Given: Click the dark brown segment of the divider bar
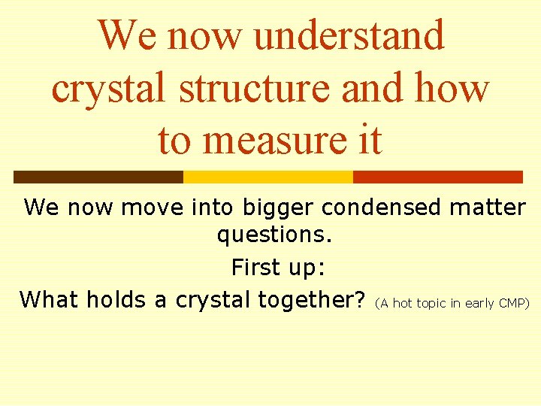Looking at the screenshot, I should click(98, 177).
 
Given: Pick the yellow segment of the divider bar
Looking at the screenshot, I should click(267, 177).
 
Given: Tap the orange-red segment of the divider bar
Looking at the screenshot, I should click(437, 177).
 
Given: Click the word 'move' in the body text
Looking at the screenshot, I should click(152, 207).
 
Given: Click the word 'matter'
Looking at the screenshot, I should click(488, 207).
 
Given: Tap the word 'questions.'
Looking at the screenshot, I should click(274, 235).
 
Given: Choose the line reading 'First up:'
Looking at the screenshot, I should click(274, 267).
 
